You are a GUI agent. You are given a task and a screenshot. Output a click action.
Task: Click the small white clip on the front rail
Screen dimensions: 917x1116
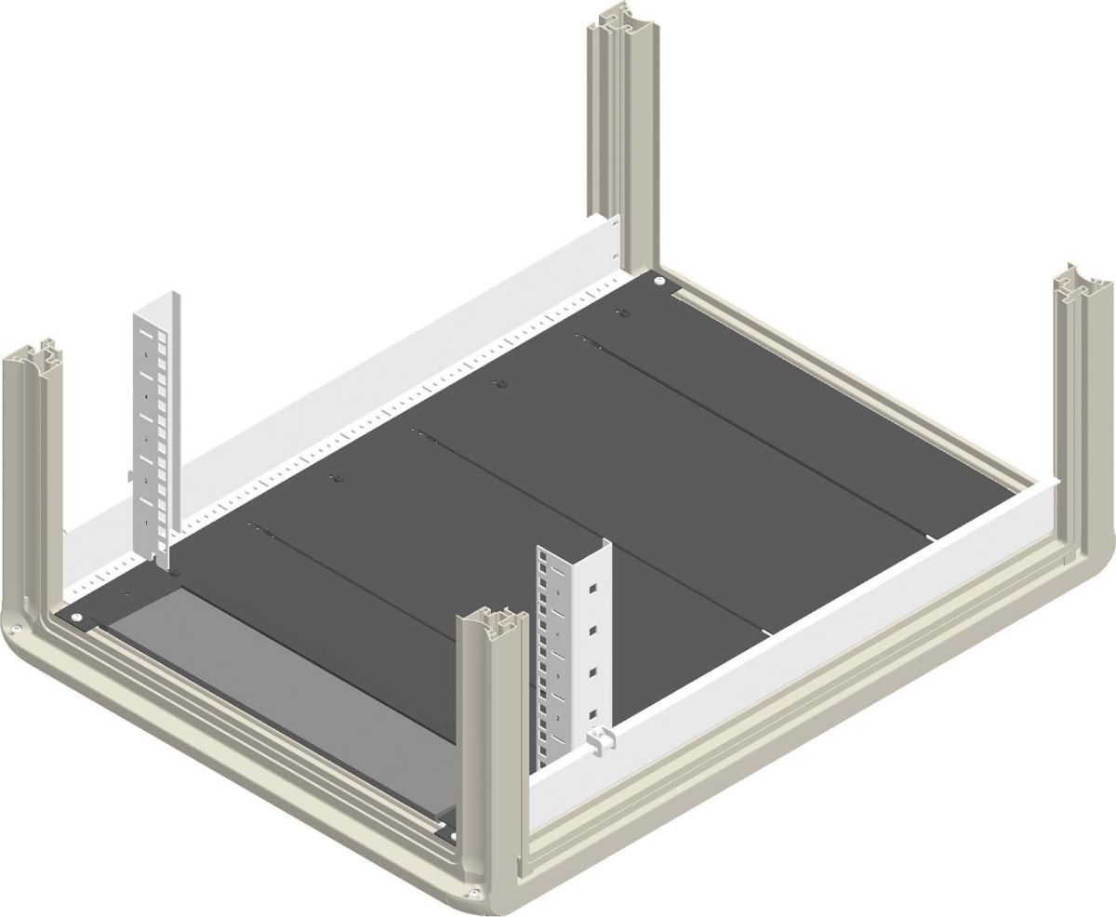[603, 740]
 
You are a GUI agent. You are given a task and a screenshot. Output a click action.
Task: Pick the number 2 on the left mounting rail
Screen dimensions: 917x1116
[146, 480]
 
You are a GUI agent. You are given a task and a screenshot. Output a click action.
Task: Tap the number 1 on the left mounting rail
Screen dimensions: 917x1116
[147, 524]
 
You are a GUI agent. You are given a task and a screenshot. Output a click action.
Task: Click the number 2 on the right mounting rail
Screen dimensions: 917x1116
[556, 720]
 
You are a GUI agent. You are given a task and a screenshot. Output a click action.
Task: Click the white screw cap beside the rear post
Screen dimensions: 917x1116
[658, 280]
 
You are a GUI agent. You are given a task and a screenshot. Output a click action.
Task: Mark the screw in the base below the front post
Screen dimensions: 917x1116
[475, 894]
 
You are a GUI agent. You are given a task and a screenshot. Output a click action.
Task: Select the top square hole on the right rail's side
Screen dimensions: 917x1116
[590, 588]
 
